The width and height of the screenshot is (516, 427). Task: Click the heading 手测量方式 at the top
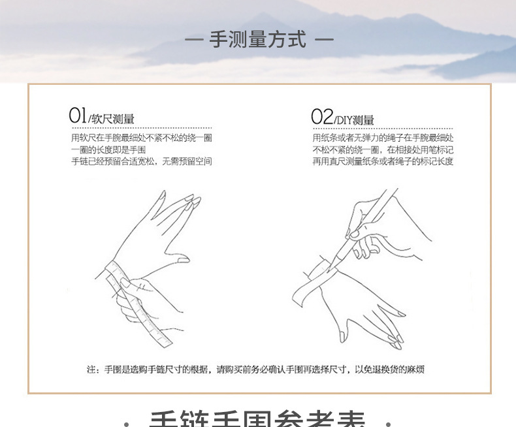[258, 39]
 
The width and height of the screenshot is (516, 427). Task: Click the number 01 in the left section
[78, 116]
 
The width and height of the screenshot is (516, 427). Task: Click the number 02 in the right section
[322, 117]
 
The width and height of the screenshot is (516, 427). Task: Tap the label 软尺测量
[113, 119]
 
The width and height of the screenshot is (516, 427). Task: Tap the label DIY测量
[357, 120]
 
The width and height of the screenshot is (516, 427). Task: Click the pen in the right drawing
[366, 222]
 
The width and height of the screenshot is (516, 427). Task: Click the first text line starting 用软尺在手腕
[141, 138]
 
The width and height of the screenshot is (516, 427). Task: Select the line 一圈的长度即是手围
[108, 150]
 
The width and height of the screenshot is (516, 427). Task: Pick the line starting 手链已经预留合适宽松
[141, 161]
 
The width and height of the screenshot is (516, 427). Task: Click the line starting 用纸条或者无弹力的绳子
[383, 138]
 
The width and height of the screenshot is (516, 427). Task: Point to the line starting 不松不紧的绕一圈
[383, 150]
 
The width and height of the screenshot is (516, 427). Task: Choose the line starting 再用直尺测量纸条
[383, 161]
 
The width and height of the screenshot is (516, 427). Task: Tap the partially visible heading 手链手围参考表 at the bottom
[258, 419]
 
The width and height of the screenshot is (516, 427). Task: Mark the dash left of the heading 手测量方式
[194, 40]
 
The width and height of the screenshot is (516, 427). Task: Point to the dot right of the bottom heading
[388, 422]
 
